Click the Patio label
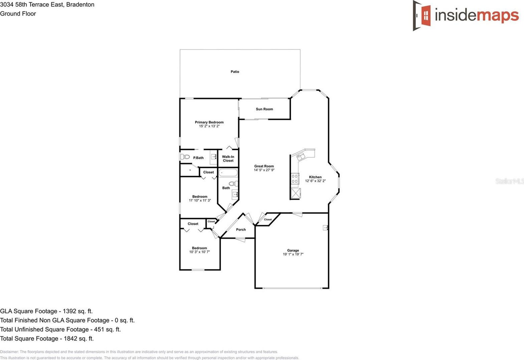pyautogui.click(x=235, y=71)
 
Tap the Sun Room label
pyautogui.click(x=264, y=109)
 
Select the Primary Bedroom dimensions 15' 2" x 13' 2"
pyautogui.click(x=209, y=126)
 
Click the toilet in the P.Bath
pyautogui.click(x=185, y=157)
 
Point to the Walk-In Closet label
pyautogui.click(x=228, y=159)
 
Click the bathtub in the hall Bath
pyautogui.click(x=228, y=173)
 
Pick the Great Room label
pyautogui.click(x=264, y=166)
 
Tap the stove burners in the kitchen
pyautogui.click(x=295, y=179)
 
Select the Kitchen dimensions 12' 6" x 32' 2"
pyautogui.click(x=315, y=181)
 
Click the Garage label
pyautogui.click(x=293, y=250)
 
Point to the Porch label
pyautogui.click(x=241, y=230)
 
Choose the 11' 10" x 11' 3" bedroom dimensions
pyautogui.click(x=200, y=200)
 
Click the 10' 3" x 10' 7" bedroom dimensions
pyautogui.click(x=200, y=252)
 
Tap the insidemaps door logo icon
pyautogui.click(x=422, y=15)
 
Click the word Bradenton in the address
pyautogui.click(x=80, y=5)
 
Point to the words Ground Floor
pyautogui.click(x=18, y=14)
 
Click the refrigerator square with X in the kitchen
pyautogui.click(x=296, y=193)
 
